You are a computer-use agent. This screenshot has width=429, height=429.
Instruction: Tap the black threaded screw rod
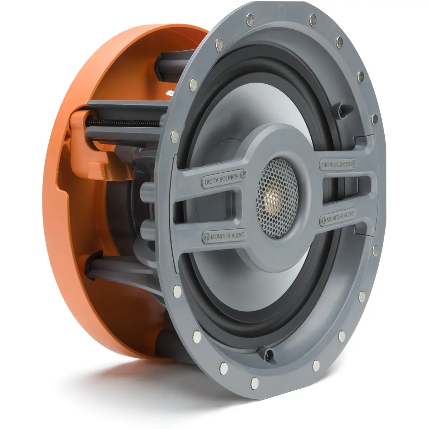123,123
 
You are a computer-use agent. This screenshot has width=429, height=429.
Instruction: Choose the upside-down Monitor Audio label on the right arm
337,164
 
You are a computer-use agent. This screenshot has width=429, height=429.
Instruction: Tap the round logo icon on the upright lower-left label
206,237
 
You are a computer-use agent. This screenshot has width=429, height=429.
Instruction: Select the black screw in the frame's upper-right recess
341,110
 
